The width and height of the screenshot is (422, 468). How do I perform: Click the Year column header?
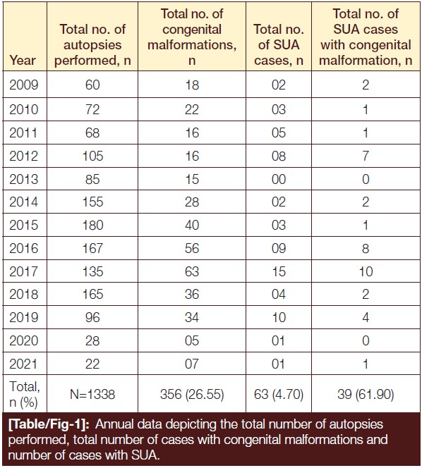[x=23, y=61]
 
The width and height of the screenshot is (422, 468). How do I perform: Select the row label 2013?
[x=23, y=179]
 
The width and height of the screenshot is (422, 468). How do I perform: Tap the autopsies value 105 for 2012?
[x=92, y=156]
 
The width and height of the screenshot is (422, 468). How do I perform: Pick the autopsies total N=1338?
[x=92, y=394]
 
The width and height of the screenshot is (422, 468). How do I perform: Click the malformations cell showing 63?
[x=192, y=271]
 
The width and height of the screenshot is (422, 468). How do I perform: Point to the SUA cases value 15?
[x=278, y=271]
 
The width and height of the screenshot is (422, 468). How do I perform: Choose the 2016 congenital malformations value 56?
[x=192, y=248]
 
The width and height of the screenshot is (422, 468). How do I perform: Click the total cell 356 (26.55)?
[x=192, y=394]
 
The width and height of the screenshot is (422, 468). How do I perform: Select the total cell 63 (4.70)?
[x=279, y=394]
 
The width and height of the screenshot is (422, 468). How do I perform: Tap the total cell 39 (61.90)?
[x=366, y=394]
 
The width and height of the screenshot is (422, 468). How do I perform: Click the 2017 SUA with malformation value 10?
[x=366, y=271]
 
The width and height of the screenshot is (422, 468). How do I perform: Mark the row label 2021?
[x=23, y=364]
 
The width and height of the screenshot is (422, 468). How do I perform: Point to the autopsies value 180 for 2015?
[x=92, y=225]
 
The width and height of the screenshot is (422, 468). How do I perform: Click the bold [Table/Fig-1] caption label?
[x=49, y=424]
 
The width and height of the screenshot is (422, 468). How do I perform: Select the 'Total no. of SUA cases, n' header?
[x=279, y=45]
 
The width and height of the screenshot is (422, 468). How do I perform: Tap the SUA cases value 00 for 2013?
[x=279, y=179]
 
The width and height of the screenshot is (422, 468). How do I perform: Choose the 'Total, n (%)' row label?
[x=24, y=394]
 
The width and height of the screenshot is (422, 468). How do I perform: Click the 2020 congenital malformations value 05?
[x=192, y=340]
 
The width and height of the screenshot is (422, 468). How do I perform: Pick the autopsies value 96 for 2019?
[x=92, y=317]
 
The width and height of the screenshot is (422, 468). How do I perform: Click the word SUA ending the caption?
[x=145, y=455]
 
